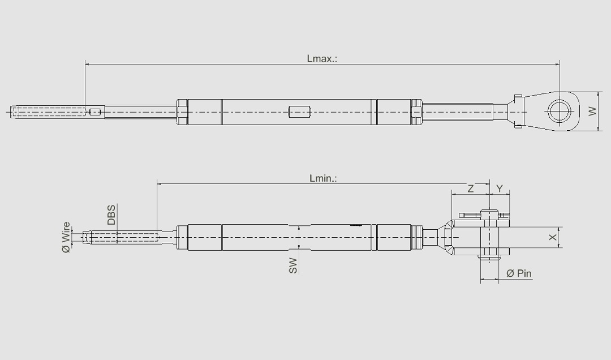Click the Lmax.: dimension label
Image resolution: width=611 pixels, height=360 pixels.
pos(322,58)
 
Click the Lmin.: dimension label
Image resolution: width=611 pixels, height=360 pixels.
pos(323,178)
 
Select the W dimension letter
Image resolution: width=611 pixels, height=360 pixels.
pos(592,112)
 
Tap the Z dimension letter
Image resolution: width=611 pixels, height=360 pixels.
pos(471,188)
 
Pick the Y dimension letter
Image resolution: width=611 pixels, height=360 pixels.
pos(500,188)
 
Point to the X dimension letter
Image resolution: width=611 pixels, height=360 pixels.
pos(553,238)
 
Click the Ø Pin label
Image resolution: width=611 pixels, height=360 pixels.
pos(519,273)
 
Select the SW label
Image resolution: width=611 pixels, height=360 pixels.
pos(293,265)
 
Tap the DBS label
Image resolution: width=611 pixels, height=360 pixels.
pos(111,215)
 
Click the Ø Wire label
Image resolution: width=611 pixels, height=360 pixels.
pos(66,237)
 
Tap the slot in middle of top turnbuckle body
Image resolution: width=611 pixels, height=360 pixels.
pos(300,112)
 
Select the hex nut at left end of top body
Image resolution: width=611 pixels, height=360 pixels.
pos(182,112)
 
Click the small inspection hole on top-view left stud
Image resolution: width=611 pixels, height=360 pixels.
pos(96,112)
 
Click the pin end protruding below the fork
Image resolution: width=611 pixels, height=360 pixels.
pos(489,258)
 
